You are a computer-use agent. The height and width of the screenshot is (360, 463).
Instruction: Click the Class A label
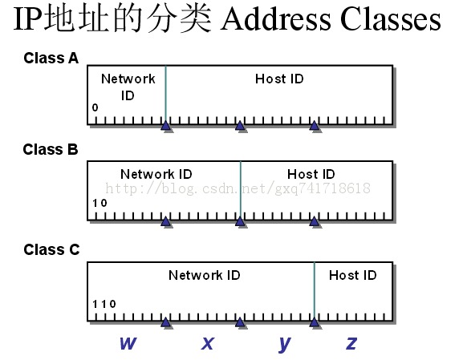[51, 58]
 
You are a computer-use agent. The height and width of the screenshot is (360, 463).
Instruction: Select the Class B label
[51, 150]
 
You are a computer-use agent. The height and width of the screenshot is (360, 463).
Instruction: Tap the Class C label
[51, 250]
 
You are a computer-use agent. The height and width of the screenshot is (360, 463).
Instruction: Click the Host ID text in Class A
[279, 79]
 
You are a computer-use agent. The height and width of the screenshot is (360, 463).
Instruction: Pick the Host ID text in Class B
[311, 174]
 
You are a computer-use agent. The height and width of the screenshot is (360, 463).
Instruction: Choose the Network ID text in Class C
[205, 275]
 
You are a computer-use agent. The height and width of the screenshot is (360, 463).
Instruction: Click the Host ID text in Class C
[352, 275]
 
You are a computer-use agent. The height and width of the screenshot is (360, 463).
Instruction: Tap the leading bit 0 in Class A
[95, 107]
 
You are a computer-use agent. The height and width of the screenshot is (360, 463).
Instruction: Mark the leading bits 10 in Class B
[100, 204]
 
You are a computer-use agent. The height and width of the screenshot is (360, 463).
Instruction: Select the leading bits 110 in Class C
[104, 304]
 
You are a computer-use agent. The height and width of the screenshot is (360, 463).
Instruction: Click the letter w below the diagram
[127, 343]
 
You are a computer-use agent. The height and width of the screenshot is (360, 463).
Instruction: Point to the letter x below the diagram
[207, 343]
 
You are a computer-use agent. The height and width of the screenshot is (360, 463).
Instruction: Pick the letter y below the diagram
[284, 344]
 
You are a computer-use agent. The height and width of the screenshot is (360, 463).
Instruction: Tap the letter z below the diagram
[351, 343]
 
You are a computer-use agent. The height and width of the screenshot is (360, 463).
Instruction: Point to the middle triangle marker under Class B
[240, 221]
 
